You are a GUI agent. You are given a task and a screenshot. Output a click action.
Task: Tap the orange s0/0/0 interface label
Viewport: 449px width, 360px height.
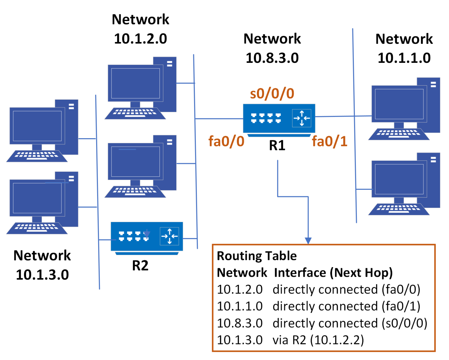click(272, 94)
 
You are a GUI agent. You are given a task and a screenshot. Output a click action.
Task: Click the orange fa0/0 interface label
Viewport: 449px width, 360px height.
click(226, 141)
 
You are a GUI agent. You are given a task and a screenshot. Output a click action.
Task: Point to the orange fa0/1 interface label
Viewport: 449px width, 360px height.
click(329, 141)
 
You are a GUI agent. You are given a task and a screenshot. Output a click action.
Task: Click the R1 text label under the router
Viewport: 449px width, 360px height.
click(277, 146)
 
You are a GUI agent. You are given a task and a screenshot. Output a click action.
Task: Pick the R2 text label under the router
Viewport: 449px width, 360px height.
click(140, 265)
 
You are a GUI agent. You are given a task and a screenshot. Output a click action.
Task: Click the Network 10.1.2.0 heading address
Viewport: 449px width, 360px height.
click(140, 39)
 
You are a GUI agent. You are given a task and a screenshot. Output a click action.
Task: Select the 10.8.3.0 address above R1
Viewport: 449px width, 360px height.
click(272, 58)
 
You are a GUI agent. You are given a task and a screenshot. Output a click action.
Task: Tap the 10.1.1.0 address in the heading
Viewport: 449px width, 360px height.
click(404, 58)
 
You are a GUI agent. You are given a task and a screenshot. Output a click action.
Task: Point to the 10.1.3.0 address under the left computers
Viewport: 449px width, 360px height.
click(42, 275)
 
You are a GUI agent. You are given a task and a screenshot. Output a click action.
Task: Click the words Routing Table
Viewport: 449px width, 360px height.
click(257, 256)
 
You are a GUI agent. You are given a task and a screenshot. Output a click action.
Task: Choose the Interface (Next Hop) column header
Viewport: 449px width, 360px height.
click(333, 273)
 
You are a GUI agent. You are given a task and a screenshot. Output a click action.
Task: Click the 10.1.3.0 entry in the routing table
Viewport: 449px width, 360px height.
click(240, 340)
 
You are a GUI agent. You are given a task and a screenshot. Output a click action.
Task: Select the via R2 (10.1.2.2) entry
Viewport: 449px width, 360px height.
click(318, 340)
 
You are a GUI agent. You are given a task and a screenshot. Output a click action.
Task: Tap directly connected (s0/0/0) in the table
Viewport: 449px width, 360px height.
click(350, 323)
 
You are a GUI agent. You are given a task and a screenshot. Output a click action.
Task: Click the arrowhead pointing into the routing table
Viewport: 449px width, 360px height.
click(308, 240)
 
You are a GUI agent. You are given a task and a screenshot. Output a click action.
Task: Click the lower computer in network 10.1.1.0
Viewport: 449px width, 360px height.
click(404, 184)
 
